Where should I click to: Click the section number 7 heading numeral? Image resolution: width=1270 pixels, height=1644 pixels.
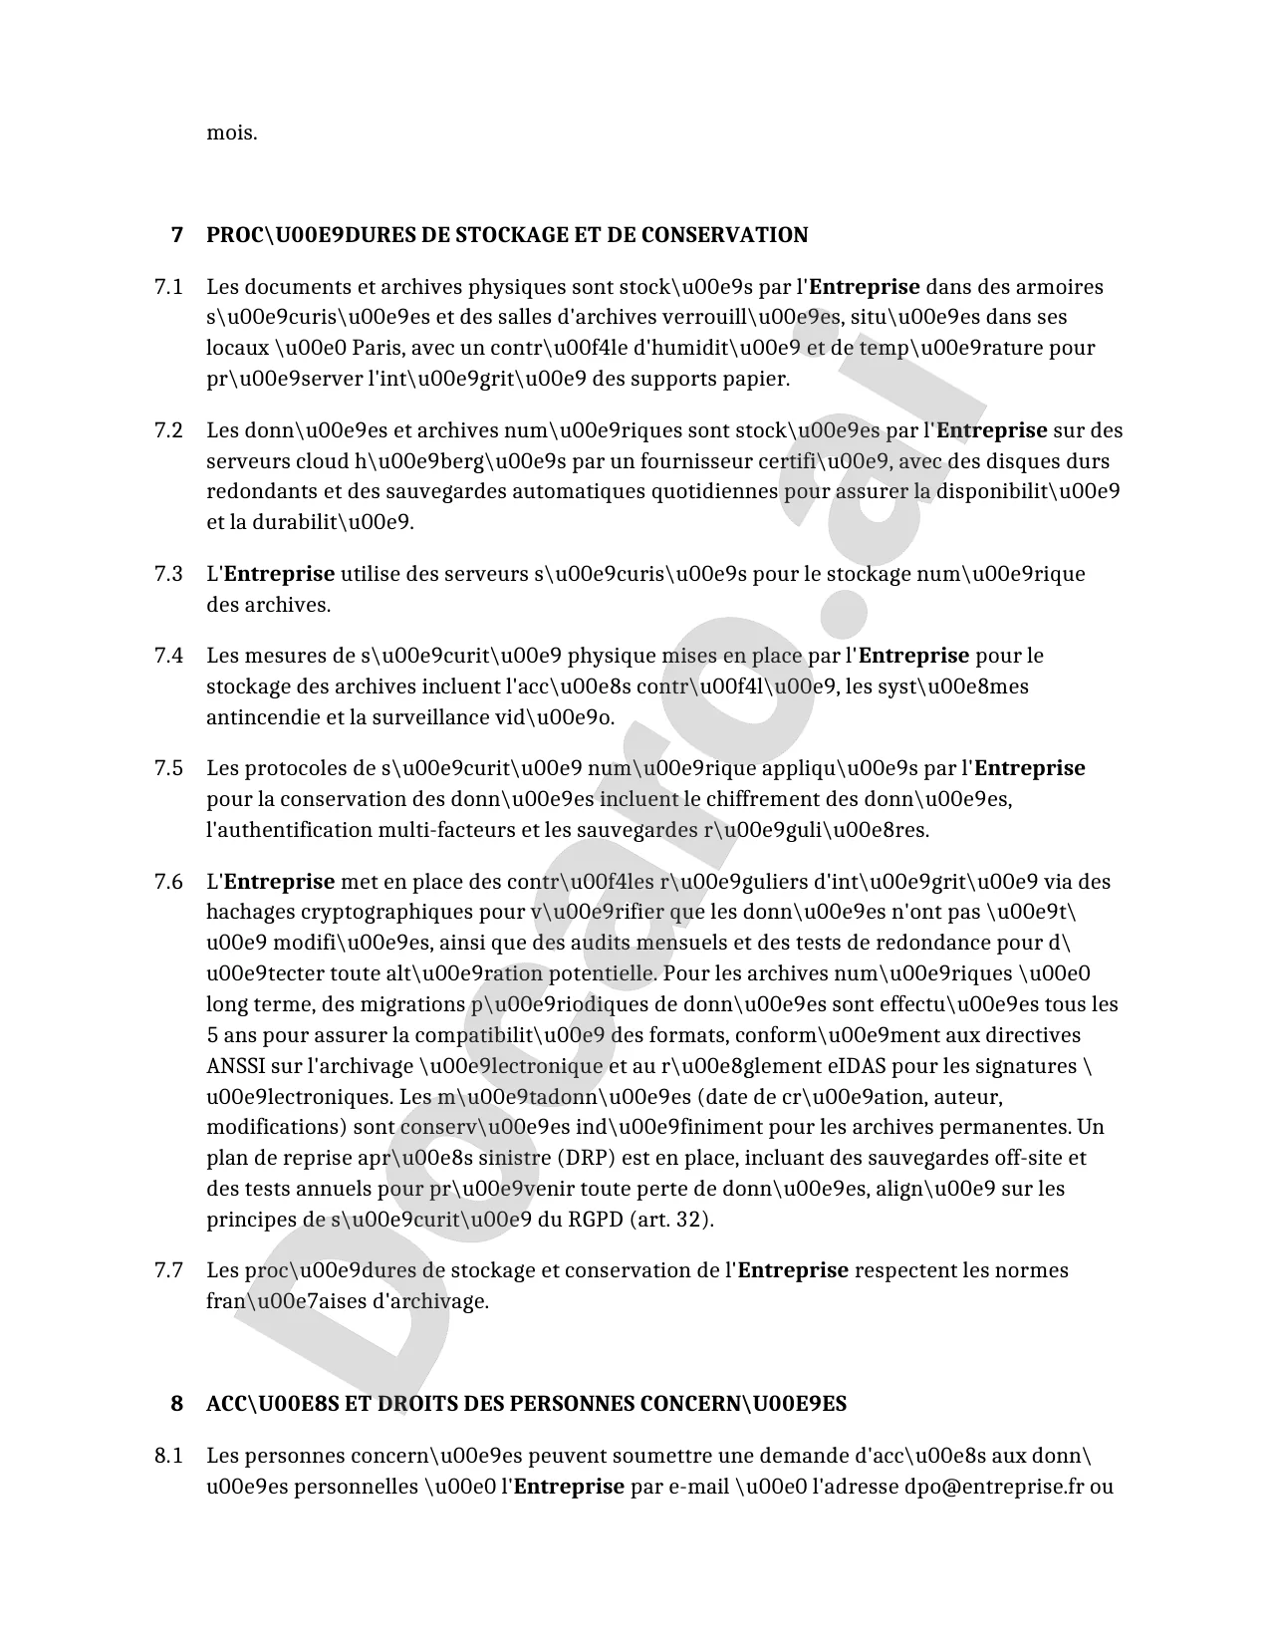tap(177, 235)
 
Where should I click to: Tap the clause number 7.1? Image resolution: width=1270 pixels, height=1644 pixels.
tap(168, 287)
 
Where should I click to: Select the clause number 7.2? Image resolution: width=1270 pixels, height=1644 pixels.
tap(168, 430)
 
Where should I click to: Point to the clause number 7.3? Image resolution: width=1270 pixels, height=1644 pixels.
tap(168, 574)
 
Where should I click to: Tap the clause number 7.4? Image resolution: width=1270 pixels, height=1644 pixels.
tap(168, 656)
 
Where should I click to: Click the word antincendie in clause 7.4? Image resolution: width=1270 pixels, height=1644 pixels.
tap(261, 717)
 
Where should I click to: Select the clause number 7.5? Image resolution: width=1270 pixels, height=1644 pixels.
tap(168, 768)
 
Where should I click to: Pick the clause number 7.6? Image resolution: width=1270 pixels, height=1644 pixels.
tap(168, 882)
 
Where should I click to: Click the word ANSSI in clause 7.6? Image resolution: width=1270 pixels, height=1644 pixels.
tap(236, 1066)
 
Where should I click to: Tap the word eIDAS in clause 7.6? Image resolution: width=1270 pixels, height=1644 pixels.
tap(857, 1066)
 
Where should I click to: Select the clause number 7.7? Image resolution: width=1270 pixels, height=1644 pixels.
tap(168, 1270)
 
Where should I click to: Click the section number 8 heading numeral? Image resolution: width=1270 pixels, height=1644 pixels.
tap(177, 1404)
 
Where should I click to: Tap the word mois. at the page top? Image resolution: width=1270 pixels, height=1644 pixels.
tap(232, 133)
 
